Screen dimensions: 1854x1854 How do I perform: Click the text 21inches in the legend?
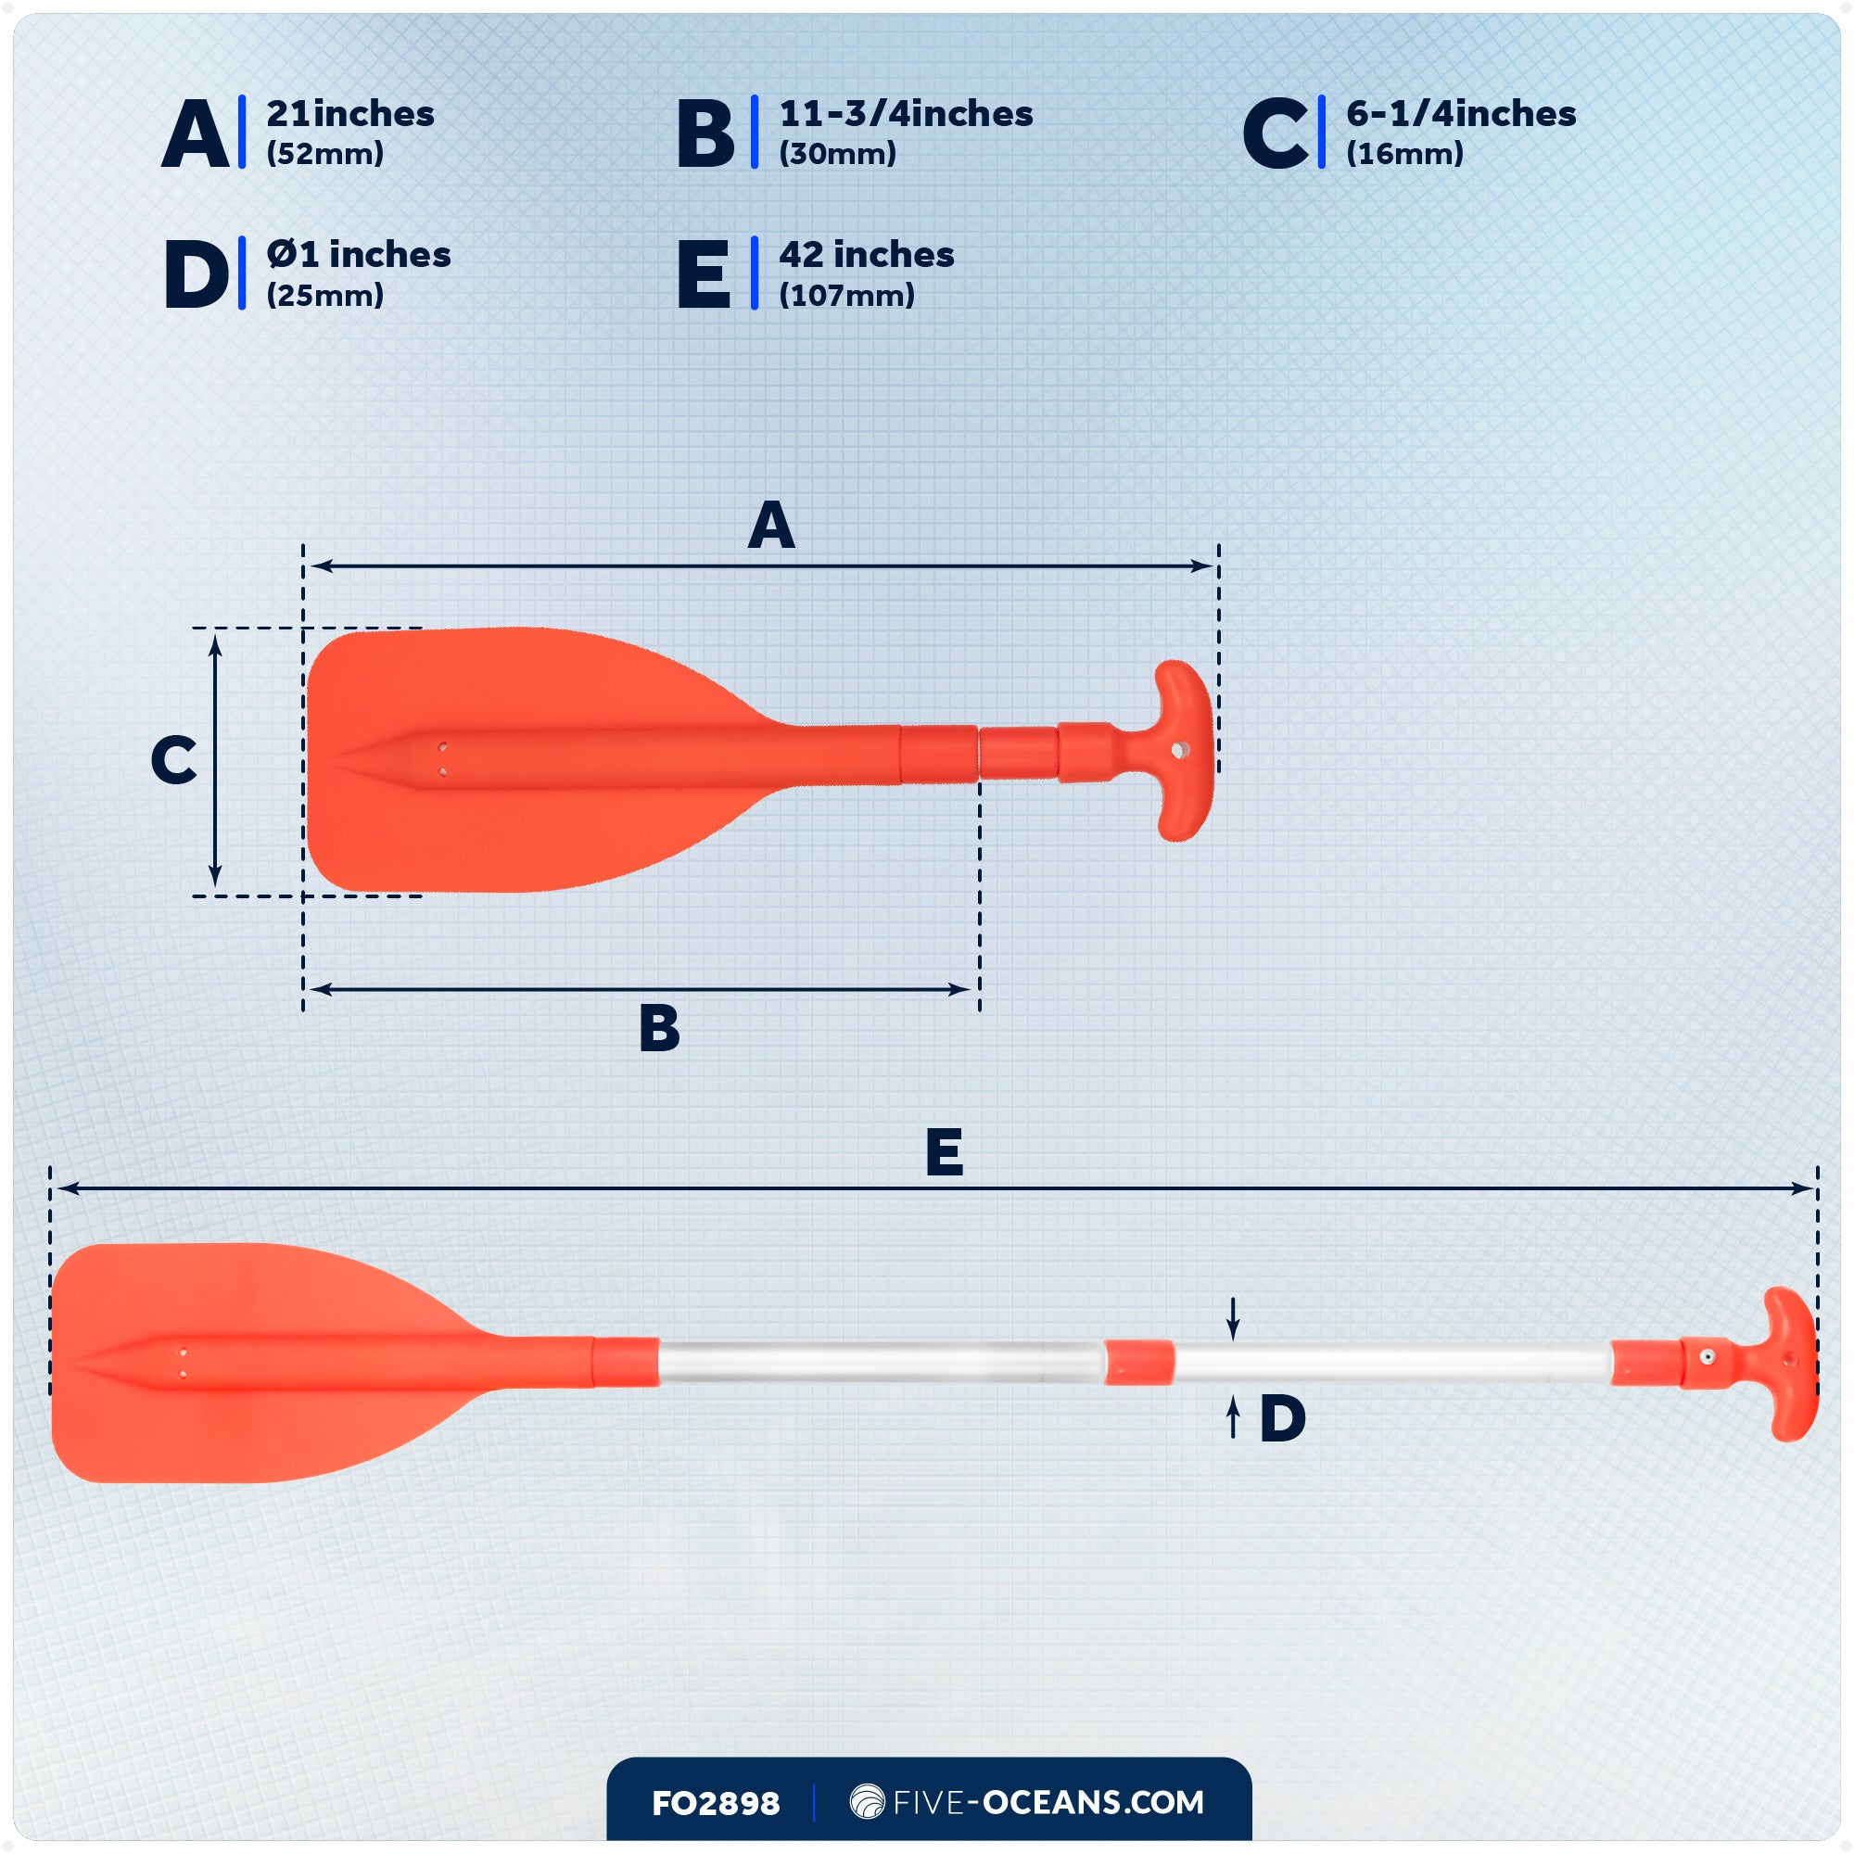point(349,114)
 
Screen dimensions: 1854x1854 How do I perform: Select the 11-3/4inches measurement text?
point(905,114)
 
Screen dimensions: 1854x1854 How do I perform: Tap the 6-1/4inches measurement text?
point(1460,114)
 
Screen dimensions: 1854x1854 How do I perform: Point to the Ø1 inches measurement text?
point(358,255)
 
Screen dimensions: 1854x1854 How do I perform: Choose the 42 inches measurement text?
point(866,255)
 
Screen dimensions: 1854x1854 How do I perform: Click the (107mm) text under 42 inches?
point(846,296)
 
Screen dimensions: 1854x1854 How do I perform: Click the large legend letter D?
point(196,275)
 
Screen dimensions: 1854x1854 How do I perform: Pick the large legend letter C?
point(1274,134)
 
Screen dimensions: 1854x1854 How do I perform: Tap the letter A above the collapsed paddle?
point(770,526)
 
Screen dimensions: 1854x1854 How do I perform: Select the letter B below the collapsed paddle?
point(659,1029)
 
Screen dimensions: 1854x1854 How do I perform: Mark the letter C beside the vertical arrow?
point(173,761)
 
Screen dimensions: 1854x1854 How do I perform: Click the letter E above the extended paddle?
point(945,1152)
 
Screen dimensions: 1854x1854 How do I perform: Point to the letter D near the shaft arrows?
point(1282,1418)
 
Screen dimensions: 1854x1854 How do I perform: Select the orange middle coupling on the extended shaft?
point(1138,1363)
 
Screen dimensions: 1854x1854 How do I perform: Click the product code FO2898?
point(715,1804)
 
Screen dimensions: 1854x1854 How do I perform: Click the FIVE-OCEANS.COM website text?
point(1047,1802)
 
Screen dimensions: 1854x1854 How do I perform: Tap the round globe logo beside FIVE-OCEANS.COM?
point(867,1801)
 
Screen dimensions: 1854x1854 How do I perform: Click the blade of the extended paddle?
point(240,1363)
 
